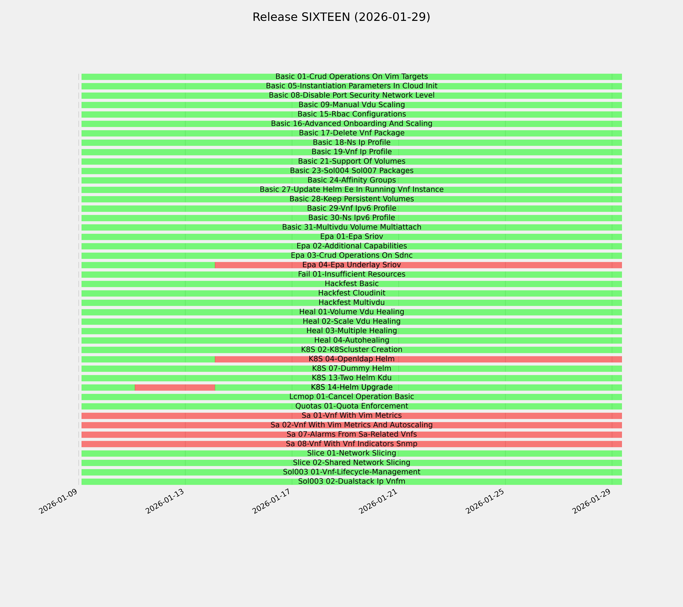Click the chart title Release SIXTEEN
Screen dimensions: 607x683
pyautogui.click(x=341, y=17)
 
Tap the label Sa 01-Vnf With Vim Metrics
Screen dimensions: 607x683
pyautogui.click(x=351, y=416)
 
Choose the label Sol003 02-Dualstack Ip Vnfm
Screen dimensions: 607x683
pyautogui.click(x=351, y=481)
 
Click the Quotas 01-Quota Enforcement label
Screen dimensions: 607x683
pyautogui.click(x=351, y=406)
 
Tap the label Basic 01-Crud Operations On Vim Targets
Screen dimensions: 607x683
pyautogui.click(x=351, y=77)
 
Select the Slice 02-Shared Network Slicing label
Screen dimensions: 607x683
pyautogui.click(x=351, y=463)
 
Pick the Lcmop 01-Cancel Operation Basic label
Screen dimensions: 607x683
pyautogui.click(x=351, y=397)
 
